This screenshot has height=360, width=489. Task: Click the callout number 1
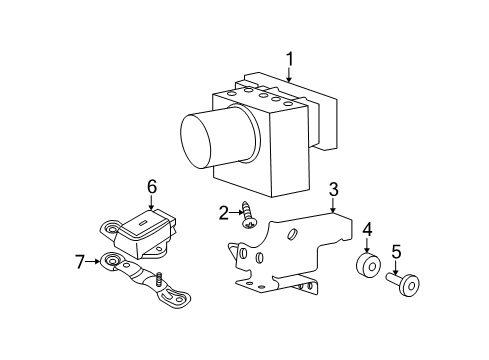pyautogui.click(x=290, y=59)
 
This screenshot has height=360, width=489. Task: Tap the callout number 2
pyautogui.click(x=224, y=213)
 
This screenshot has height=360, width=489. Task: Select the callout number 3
pyautogui.click(x=333, y=189)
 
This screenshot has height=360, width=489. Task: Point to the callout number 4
pyautogui.click(x=367, y=229)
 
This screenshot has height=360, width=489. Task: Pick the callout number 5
pyautogui.click(x=396, y=252)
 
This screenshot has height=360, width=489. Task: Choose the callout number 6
pyautogui.click(x=152, y=187)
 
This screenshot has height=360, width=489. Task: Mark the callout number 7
pyautogui.click(x=80, y=262)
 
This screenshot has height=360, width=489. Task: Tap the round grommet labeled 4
pyautogui.click(x=369, y=266)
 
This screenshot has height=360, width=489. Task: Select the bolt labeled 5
pyautogui.click(x=404, y=283)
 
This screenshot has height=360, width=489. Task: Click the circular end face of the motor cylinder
pyautogui.click(x=196, y=142)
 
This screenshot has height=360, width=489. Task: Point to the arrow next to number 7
pyautogui.click(x=92, y=262)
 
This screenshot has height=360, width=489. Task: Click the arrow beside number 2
pyautogui.click(x=237, y=213)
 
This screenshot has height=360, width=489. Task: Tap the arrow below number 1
pyautogui.click(x=289, y=75)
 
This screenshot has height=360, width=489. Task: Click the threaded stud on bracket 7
pyautogui.click(x=159, y=279)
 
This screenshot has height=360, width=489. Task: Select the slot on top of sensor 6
pyautogui.click(x=142, y=224)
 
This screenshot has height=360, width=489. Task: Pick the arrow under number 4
pyautogui.click(x=367, y=245)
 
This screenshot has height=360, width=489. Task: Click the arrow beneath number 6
pyautogui.click(x=152, y=202)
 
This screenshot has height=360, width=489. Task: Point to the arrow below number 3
pyautogui.click(x=333, y=205)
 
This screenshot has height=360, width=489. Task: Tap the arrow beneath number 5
pyautogui.click(x=396, y=268)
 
